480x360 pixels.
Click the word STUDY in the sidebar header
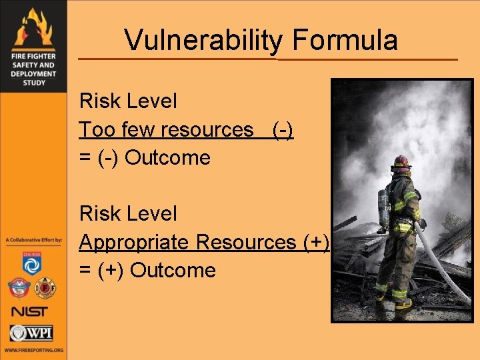point(33,83)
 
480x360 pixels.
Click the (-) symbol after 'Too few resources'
point(283,129)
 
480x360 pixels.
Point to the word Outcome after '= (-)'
point(167,158)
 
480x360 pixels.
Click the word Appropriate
point(134,242)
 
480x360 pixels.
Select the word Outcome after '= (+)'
point(173,271)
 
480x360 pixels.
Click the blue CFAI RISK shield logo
point(32,264)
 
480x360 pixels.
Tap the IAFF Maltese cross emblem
point(45,288)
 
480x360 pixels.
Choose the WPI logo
point(31,333)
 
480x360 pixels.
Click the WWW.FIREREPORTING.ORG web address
point(33,350)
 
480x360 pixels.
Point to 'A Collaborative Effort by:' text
point(33,239)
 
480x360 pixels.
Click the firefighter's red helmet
point(400,161)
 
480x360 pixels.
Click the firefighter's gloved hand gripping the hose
point(421,223)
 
